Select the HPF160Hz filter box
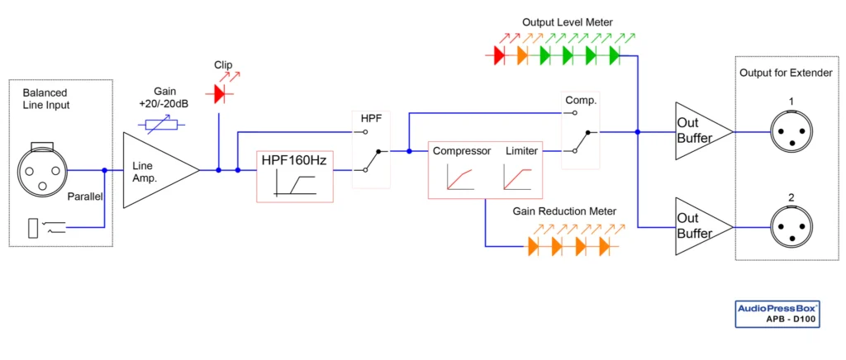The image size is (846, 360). click(294, 177)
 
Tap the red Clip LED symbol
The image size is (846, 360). click(219, 94)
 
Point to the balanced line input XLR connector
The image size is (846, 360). click(40, 170)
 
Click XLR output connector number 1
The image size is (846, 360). click(791, 131)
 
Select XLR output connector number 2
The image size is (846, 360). click(791, 226)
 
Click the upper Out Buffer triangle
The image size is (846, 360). click(699, 131)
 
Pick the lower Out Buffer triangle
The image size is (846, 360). click(699, 226)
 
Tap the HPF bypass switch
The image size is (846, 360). click(371, 151)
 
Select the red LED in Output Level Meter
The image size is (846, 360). click(498, 55)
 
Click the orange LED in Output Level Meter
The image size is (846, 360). click(521, 55)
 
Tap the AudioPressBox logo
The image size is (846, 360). click(777, 310)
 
